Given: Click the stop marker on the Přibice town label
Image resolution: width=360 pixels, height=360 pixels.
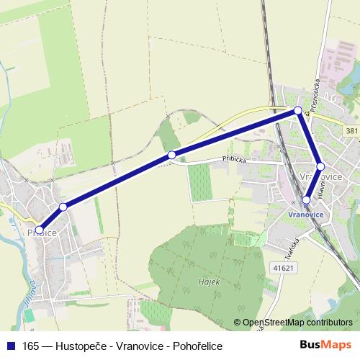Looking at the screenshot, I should coord(40,230).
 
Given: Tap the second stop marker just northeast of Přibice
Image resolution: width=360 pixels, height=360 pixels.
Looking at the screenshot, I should coord(63,207).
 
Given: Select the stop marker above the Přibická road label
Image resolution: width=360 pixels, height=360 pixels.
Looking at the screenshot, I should coord(171,155).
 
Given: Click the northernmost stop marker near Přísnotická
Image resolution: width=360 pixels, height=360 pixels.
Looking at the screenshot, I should coord(298,110).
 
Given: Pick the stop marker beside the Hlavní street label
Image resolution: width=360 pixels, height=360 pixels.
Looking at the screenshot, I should coord(321,166).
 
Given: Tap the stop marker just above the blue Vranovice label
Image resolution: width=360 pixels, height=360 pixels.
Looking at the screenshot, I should coord(306,199).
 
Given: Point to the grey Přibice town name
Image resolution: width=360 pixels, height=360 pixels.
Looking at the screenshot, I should coord(42,233).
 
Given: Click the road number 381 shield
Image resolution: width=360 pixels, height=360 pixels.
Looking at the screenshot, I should coord(351,130).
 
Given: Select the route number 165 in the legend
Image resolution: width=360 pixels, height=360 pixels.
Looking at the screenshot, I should coord(31,345).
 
